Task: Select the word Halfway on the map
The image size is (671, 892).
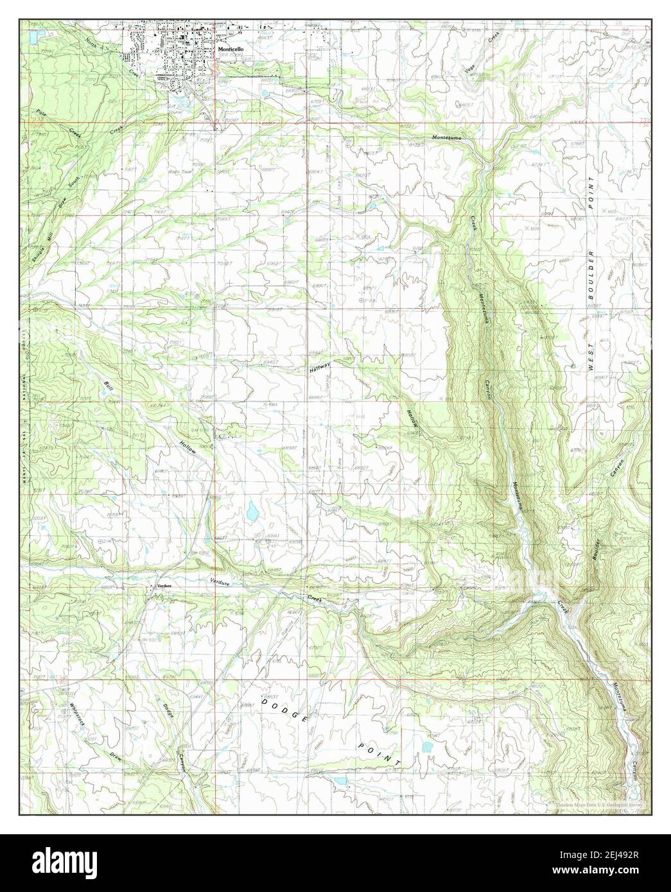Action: (x=319, y=370)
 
